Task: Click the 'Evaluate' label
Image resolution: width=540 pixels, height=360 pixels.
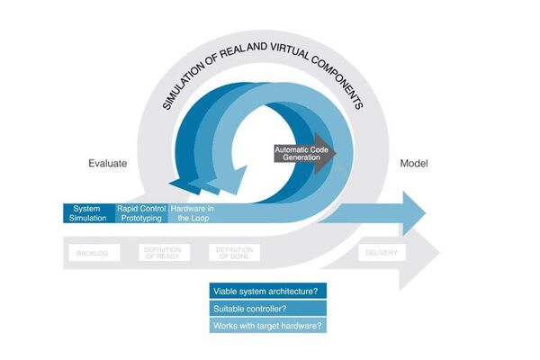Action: [107, 164]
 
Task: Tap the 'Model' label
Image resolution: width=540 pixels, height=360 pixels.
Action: [414, 164]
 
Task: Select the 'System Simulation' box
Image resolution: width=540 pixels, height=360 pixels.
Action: [88, 212]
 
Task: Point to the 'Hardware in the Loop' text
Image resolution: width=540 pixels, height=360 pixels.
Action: [192, 212]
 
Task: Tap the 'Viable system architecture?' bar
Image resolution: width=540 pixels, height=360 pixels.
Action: [267, 291]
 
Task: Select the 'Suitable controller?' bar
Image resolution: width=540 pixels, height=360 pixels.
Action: [267, 309]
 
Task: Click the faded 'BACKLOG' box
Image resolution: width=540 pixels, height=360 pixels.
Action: [92, 253]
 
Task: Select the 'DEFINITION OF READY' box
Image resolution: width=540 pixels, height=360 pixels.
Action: [163, 253]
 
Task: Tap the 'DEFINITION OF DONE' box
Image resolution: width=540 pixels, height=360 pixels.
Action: [234, 253]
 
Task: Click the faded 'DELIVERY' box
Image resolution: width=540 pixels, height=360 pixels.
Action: [382, 253]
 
